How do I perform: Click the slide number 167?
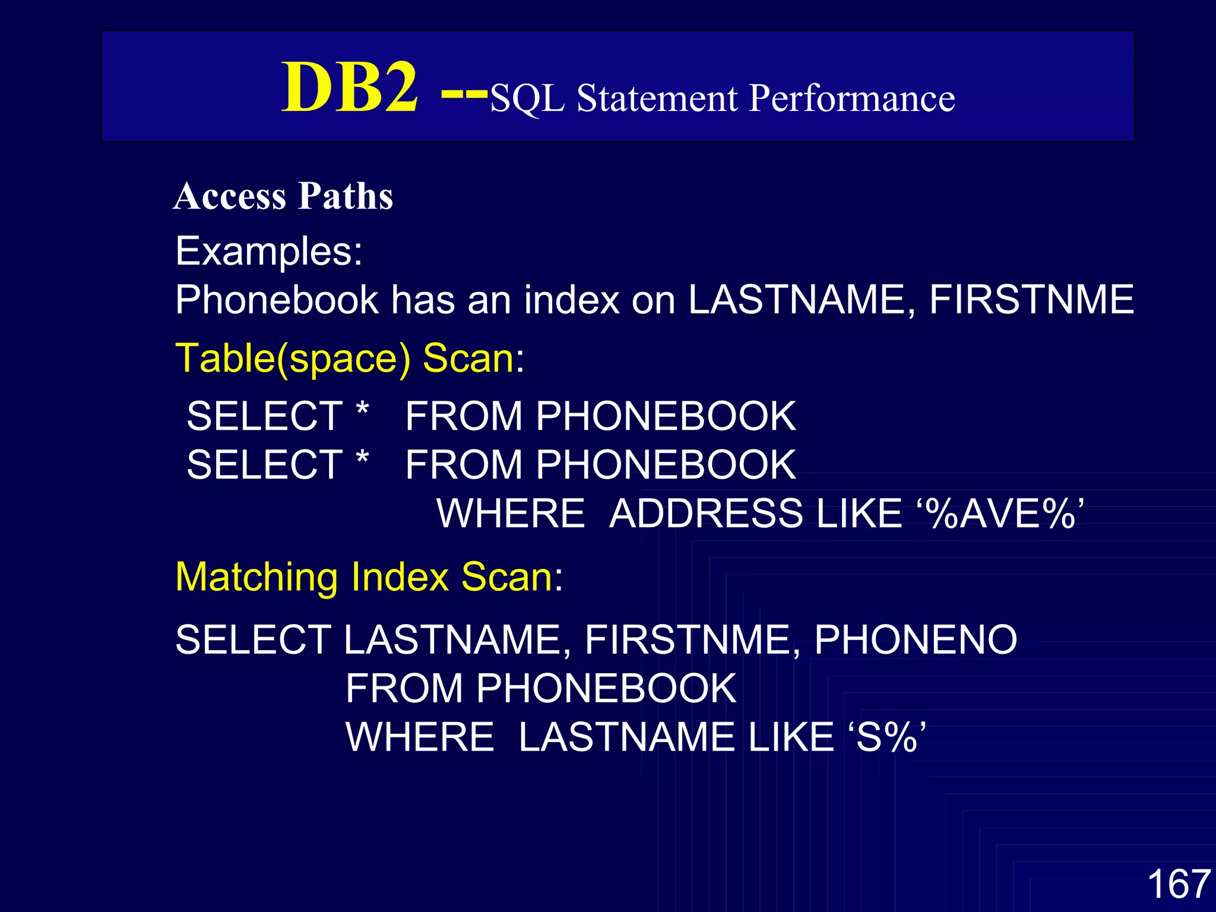click(1179, 883)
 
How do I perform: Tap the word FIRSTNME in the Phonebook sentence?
click(1031, 299)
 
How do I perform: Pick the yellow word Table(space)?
click(293, 359)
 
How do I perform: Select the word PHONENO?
click(916, 640)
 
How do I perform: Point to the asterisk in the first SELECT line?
click(362, 409)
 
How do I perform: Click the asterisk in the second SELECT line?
click(362, 458)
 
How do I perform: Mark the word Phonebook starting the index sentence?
click(277, 299)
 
